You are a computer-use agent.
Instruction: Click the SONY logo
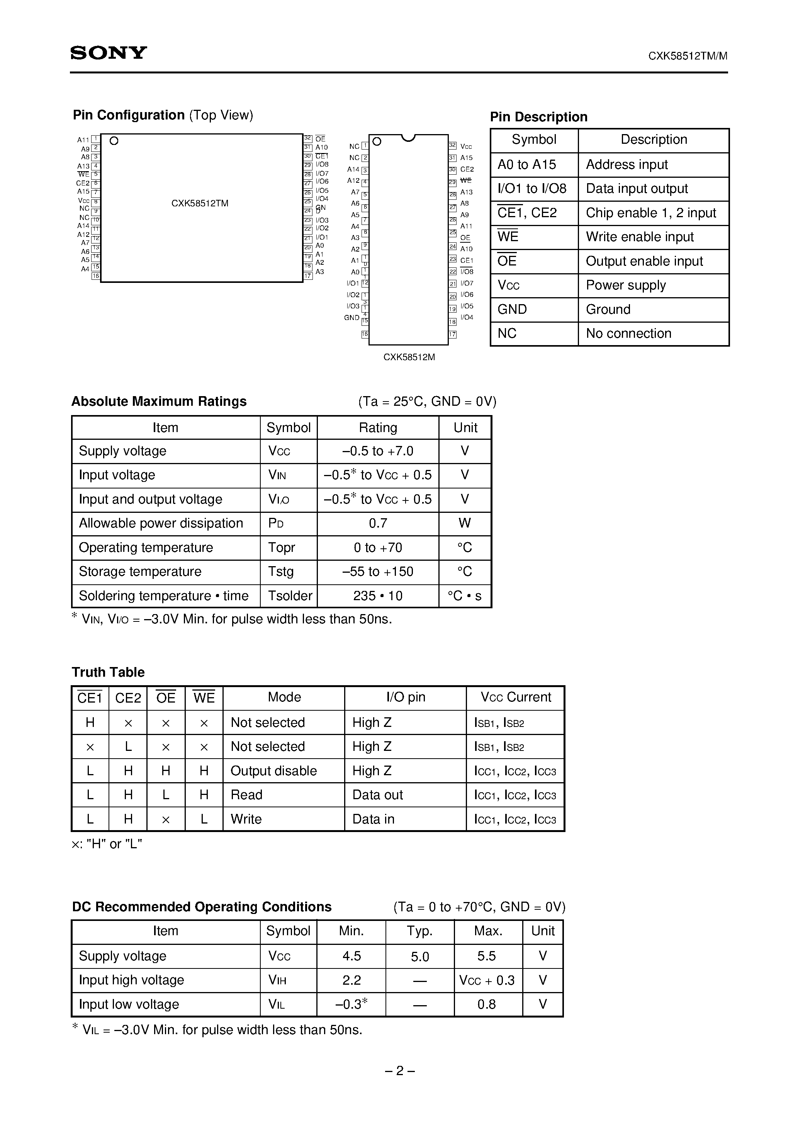click(109, 53)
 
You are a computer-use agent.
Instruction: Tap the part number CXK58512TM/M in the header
click(687, 56)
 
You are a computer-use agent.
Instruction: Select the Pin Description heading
click(538, 117)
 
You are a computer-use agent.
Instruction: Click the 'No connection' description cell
click(628, 334)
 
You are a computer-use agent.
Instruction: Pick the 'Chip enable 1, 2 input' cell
click(650, 213)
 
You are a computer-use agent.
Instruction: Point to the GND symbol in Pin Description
click(512, 310)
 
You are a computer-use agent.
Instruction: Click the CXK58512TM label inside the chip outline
click(200, 203)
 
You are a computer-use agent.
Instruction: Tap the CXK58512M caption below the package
click(409, 357)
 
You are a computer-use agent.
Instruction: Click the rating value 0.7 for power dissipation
click(377, 523)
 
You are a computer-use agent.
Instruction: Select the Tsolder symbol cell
click(290, 596)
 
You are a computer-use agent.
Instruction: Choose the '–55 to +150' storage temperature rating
click(377, 572)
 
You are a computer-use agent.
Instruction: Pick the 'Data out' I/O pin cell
click(377, 795)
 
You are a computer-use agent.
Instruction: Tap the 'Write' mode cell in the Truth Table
click(246, 819)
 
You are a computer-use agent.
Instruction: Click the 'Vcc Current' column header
click(516, 698)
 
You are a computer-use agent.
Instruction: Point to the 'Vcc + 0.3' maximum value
click(487, 980)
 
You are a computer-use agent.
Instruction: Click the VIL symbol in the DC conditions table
click(277, 1004)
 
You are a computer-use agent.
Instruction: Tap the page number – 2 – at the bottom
click(399, 1071)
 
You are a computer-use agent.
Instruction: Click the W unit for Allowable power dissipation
click(464, 523)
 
